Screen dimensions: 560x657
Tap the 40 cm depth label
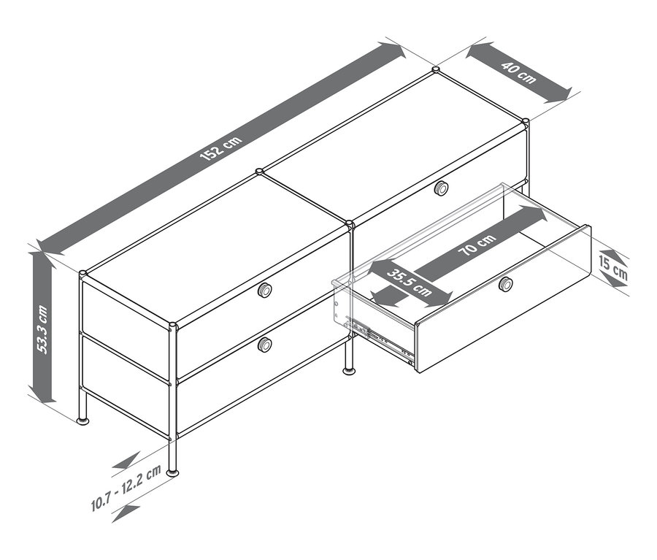(519, 73)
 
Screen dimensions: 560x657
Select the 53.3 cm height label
(43, 328)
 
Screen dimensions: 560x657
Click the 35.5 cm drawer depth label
(408, 280)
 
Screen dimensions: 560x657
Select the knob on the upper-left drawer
(265, 291)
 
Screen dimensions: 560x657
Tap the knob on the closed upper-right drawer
(441, 188)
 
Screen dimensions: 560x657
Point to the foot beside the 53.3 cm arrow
(83, 421)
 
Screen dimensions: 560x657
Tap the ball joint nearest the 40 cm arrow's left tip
(436, 70)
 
